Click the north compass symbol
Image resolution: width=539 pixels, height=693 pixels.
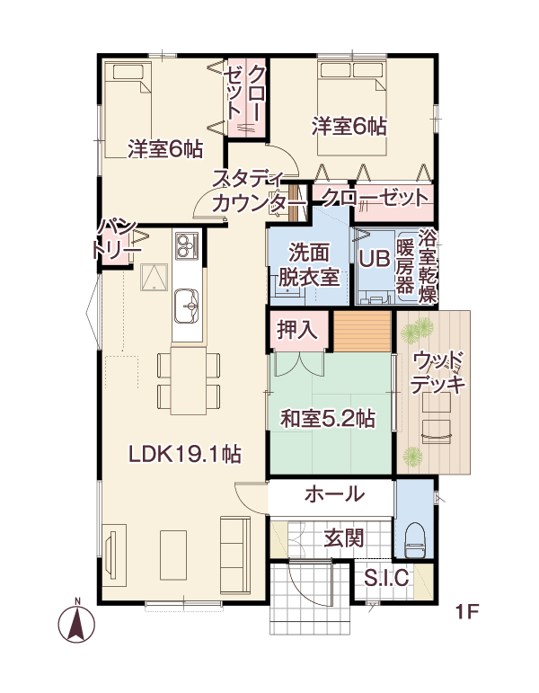[x=77, y=622]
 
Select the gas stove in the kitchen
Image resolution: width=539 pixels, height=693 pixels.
[x=188, y=246]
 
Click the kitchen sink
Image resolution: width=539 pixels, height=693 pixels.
[x=187, y=307]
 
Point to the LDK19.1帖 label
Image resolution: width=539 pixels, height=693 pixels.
[x=185, y=454]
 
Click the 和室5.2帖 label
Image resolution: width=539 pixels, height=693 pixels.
[x=327, y=418]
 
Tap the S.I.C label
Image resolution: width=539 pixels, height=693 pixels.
[x=386, y=578]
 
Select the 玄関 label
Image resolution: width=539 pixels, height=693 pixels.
[x=344, y=538]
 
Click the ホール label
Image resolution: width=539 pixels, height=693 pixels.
[x=334, y=493]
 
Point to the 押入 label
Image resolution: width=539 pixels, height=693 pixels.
[x=296, y=329]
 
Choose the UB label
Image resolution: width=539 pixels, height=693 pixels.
[x=375, y=259]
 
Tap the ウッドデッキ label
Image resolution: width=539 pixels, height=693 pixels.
[x=438, y=372]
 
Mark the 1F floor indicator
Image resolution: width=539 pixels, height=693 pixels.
[x=467, y=612]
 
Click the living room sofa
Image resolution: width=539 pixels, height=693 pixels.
[x=235, y=555]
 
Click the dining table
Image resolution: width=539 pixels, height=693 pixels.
[x=189, y=380]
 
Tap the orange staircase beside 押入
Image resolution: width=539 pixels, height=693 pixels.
[x=363, y=332]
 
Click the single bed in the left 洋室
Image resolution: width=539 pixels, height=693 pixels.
[x=128, y=110]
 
